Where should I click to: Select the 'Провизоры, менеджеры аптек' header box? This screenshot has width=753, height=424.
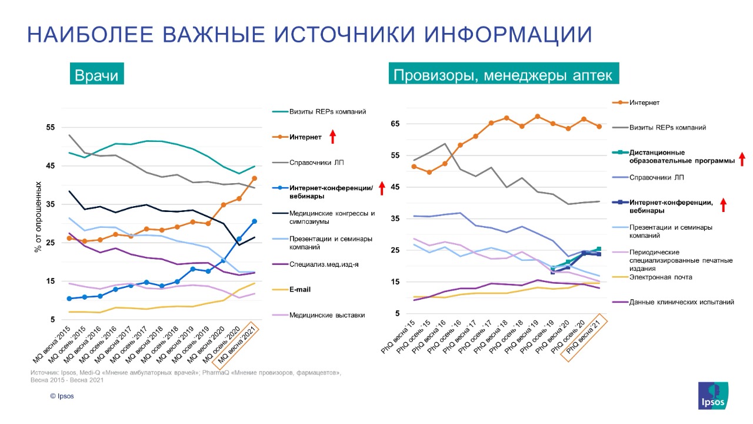click(503, 75)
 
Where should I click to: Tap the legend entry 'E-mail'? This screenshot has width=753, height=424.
click(300, 290)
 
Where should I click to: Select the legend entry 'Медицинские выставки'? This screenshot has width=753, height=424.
click(327, 315)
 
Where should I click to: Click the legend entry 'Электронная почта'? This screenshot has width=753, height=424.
click(661, 277)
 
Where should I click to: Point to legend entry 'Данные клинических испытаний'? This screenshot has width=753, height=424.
click(682, 302)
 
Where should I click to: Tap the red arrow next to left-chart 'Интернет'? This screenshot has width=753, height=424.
click(332, 137)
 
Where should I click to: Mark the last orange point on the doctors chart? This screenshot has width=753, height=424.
click(254, 178)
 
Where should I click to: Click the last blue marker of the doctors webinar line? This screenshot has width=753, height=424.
click(254, 221)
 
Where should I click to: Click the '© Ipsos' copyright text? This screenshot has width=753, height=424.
click(62, 396)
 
